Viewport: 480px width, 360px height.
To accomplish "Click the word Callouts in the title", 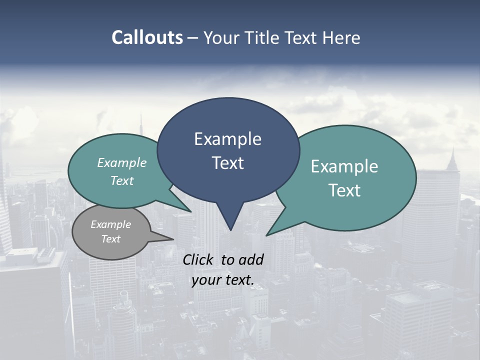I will [147, 37].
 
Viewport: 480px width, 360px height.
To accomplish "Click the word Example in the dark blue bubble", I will [227, 139].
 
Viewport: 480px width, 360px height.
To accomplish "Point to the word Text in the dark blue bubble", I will [227, 163].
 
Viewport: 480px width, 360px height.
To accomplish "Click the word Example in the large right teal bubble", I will [344, 166].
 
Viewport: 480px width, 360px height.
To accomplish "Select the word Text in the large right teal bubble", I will [344, 190].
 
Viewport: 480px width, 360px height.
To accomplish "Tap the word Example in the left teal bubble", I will [122, 162].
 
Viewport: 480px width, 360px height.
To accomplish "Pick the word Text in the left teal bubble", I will [122, 180].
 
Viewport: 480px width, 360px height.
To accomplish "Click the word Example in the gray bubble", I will [110, 224].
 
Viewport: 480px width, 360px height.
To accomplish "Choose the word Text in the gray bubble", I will [110, 239].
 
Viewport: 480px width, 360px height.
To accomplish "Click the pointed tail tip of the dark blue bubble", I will [230, 230].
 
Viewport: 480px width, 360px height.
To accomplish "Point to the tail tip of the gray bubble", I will [173, 239].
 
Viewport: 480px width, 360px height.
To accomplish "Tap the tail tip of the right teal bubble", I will [266, 235].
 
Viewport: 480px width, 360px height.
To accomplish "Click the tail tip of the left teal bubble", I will [191, 211].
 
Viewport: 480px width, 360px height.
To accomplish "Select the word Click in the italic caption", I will [199, 259].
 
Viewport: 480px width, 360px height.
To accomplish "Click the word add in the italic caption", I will [250, 259].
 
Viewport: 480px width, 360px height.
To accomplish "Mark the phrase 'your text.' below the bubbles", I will [223, 280].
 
